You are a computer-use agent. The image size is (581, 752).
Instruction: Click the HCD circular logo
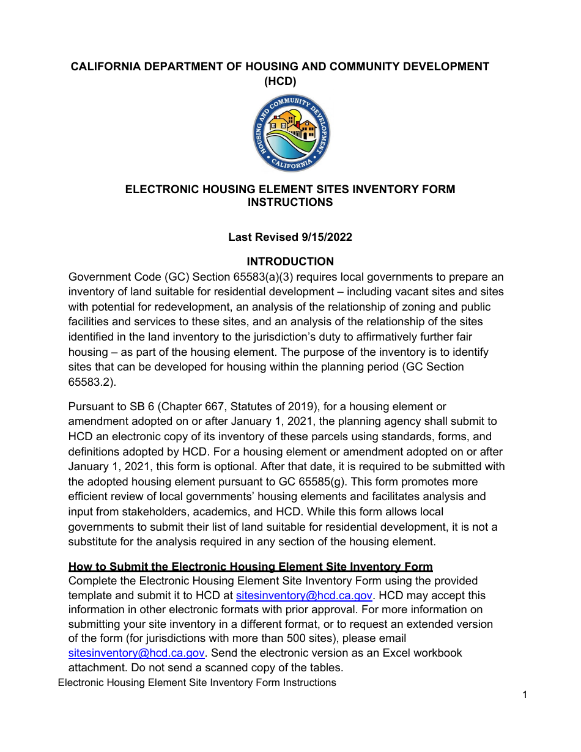click(291, 133)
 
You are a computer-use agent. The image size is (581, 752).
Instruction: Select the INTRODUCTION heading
click(290, 262)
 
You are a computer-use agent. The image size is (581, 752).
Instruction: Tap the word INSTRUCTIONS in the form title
click(290, 202)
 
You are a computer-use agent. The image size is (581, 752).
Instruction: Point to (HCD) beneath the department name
click(280, 81)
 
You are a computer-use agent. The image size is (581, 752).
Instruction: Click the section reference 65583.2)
click(91, 382)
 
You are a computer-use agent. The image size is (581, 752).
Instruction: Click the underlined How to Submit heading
click(251, 567)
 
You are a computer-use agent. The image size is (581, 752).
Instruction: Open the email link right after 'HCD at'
click(304, 595)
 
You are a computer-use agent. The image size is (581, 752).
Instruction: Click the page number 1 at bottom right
click(525, 695)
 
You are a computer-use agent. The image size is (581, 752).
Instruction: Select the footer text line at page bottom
click(197, 682)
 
